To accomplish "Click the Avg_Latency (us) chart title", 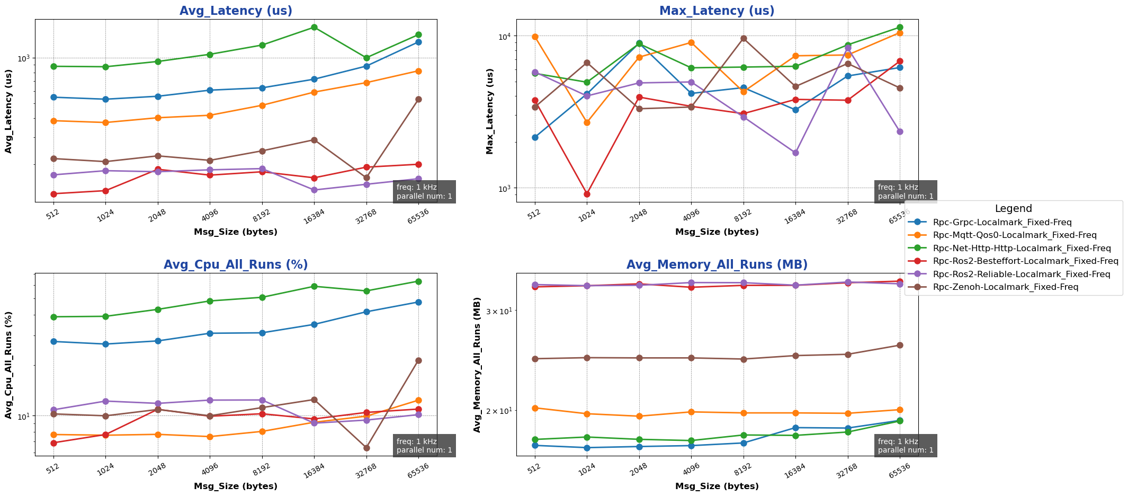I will click(x=236, y=11).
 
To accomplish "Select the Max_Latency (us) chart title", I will click(x=717, y=11).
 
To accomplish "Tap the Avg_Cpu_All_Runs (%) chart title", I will click(x=236, y=264).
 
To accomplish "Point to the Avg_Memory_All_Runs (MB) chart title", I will click(x=717, y=264).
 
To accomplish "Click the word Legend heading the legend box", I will click(x=1013, y=209).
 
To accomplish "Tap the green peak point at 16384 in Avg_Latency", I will click(x=314, y=27).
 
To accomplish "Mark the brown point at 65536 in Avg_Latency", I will click(x=418, y=99).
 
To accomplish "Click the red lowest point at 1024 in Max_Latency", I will click(x=587, y=194).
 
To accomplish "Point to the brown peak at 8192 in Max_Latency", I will click(x=744, y=38).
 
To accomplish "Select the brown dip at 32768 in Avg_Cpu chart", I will click(x=366, y=448).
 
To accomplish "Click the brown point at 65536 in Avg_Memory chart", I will click(x=900, y=346).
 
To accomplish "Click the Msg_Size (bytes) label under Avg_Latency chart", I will click(x=236, y=232).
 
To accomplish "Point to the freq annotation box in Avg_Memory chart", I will click(x=906, y=446).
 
